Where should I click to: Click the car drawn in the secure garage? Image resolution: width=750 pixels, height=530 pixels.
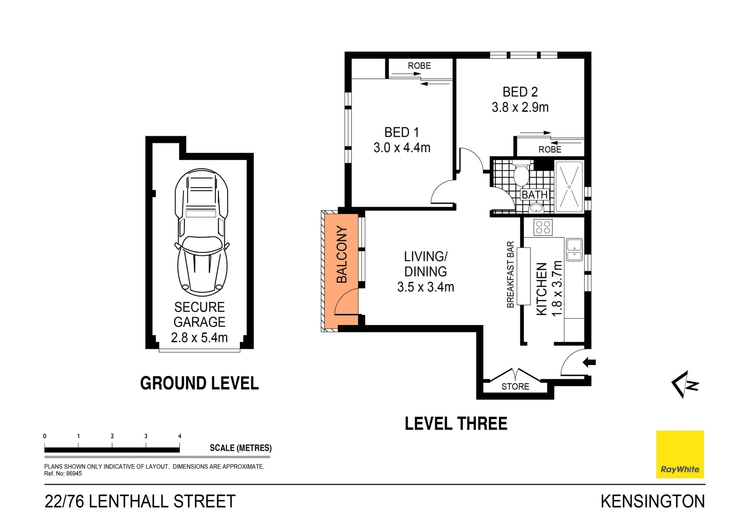coord(202,232)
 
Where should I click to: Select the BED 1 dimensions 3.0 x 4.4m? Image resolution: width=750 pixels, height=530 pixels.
coord(402,148)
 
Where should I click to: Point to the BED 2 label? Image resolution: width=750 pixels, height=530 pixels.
coord(520,92)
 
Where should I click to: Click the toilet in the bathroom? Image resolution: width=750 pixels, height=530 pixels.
coord(521,176)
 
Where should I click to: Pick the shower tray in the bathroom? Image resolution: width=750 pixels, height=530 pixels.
coord(569,187)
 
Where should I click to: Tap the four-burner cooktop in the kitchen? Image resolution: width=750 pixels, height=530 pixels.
coord(543,227)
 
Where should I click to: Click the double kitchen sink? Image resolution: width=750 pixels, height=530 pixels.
coord(574,250)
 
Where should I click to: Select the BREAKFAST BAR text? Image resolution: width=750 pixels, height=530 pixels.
coord(510,274)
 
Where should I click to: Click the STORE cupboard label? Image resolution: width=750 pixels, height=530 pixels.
coord(515,386)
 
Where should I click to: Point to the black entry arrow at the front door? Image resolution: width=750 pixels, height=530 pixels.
coord(589,362)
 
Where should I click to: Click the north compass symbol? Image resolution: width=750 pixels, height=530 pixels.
coord(686,384)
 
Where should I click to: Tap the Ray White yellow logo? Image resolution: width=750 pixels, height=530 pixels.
coord(680,454)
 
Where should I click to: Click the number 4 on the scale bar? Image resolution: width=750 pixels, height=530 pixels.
coord(180,436)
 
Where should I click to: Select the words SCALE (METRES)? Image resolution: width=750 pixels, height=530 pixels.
coord(241,448)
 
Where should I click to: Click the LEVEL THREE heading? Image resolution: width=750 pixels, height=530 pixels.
coord(456,424)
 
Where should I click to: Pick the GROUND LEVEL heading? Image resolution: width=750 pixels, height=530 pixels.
coord(199,383)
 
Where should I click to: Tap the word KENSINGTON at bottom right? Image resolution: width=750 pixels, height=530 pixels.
coord(652,501)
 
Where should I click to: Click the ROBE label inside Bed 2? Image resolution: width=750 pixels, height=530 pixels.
coord(550,149)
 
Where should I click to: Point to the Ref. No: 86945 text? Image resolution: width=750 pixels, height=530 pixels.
coord(63,473)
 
